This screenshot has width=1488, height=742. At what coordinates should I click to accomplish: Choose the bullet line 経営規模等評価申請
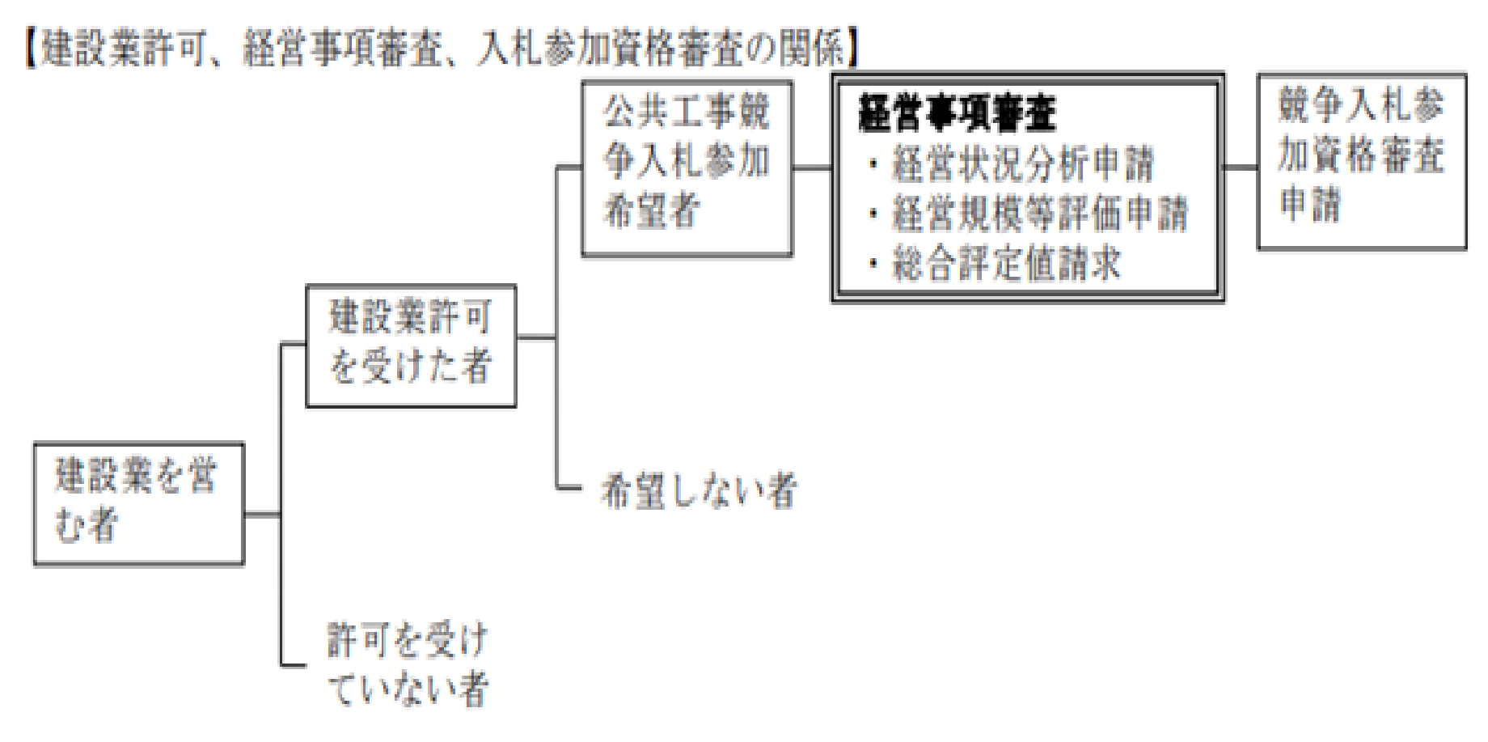[1028, 214]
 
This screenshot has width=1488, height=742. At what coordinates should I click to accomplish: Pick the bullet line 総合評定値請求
[995, 263]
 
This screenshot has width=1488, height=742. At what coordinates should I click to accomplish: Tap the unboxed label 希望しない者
[700, 490]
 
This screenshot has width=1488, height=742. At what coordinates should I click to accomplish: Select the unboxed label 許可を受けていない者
[408, 664]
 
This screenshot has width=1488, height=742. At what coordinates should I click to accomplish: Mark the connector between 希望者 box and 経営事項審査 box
[813, 168]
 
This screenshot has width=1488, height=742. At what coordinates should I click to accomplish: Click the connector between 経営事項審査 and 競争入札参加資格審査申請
[1241, 167]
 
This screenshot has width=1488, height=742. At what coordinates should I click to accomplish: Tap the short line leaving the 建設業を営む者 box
[263, 514]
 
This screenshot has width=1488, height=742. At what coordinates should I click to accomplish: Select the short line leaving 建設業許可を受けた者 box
[536, 337]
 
